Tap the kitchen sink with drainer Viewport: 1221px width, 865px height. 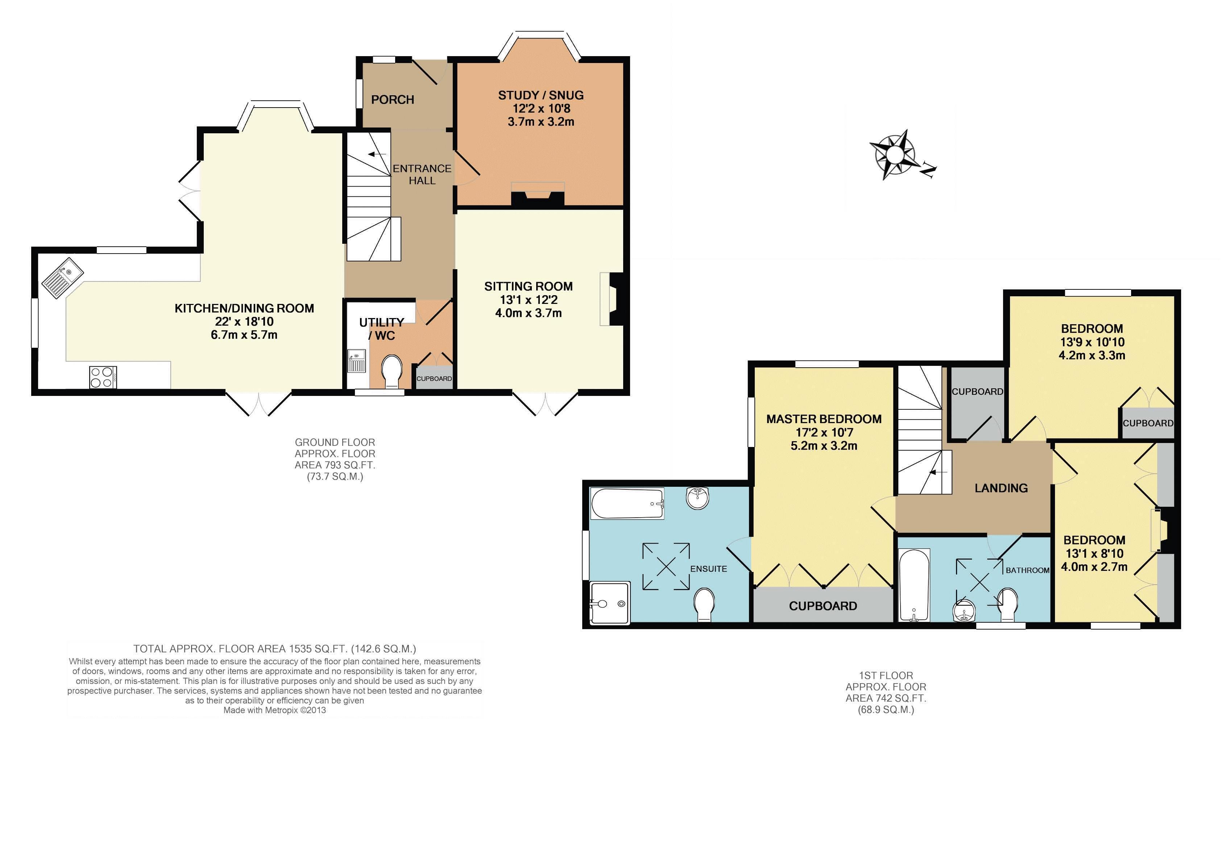(x=62, y=279)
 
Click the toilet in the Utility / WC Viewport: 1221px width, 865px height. (x=392, y=371)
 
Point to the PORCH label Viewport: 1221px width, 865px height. (x=393, y=100)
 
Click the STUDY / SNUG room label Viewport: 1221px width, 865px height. (x=541, y=95)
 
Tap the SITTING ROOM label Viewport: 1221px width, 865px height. (x=529, y=286)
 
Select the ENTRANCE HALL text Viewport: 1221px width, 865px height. (x=422, y=174)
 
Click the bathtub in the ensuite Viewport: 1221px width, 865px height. (x=627, y=503)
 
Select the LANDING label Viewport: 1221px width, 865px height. (x=1001, y=488)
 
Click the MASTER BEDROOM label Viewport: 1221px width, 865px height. (x=824, y=419)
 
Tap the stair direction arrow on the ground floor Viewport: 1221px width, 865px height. (x=377, y=154)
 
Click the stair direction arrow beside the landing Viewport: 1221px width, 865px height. (x=938, y=472)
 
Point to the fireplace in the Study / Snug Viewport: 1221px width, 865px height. (x=537, y=194)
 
